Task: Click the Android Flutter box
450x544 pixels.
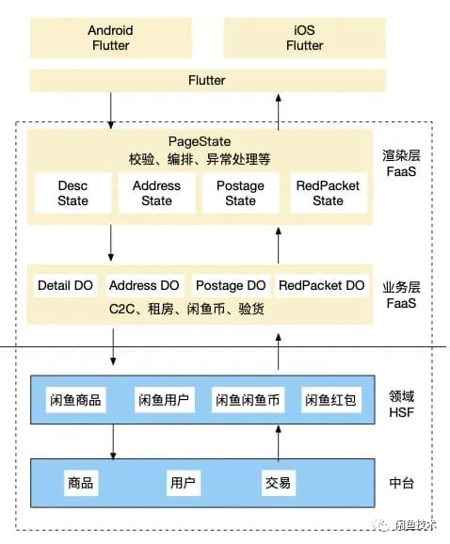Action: point(110,38)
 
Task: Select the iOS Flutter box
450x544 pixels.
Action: point(304,38)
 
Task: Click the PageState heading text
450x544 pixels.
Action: point(199,139)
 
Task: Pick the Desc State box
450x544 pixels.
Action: point(72,193)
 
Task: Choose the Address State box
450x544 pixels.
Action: point(156,193)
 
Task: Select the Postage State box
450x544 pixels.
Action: point(240,193)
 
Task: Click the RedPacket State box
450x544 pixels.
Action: point(328,193)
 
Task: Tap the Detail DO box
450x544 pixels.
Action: point(66,285)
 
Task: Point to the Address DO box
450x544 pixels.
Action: point(144,285)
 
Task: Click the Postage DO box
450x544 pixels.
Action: point(231,285)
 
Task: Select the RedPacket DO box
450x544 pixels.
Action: point(321,285)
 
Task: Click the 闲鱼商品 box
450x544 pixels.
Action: point(75,400)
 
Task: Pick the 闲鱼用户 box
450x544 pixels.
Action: point(163,400)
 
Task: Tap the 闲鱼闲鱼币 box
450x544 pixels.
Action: point(248,400)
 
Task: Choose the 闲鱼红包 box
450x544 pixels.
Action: point(329,400)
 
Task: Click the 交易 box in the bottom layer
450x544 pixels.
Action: point(277,483)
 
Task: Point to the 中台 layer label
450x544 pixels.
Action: point(402,483)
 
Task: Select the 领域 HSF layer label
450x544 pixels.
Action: point(402,403)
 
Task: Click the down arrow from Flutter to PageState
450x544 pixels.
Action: point(111,111)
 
